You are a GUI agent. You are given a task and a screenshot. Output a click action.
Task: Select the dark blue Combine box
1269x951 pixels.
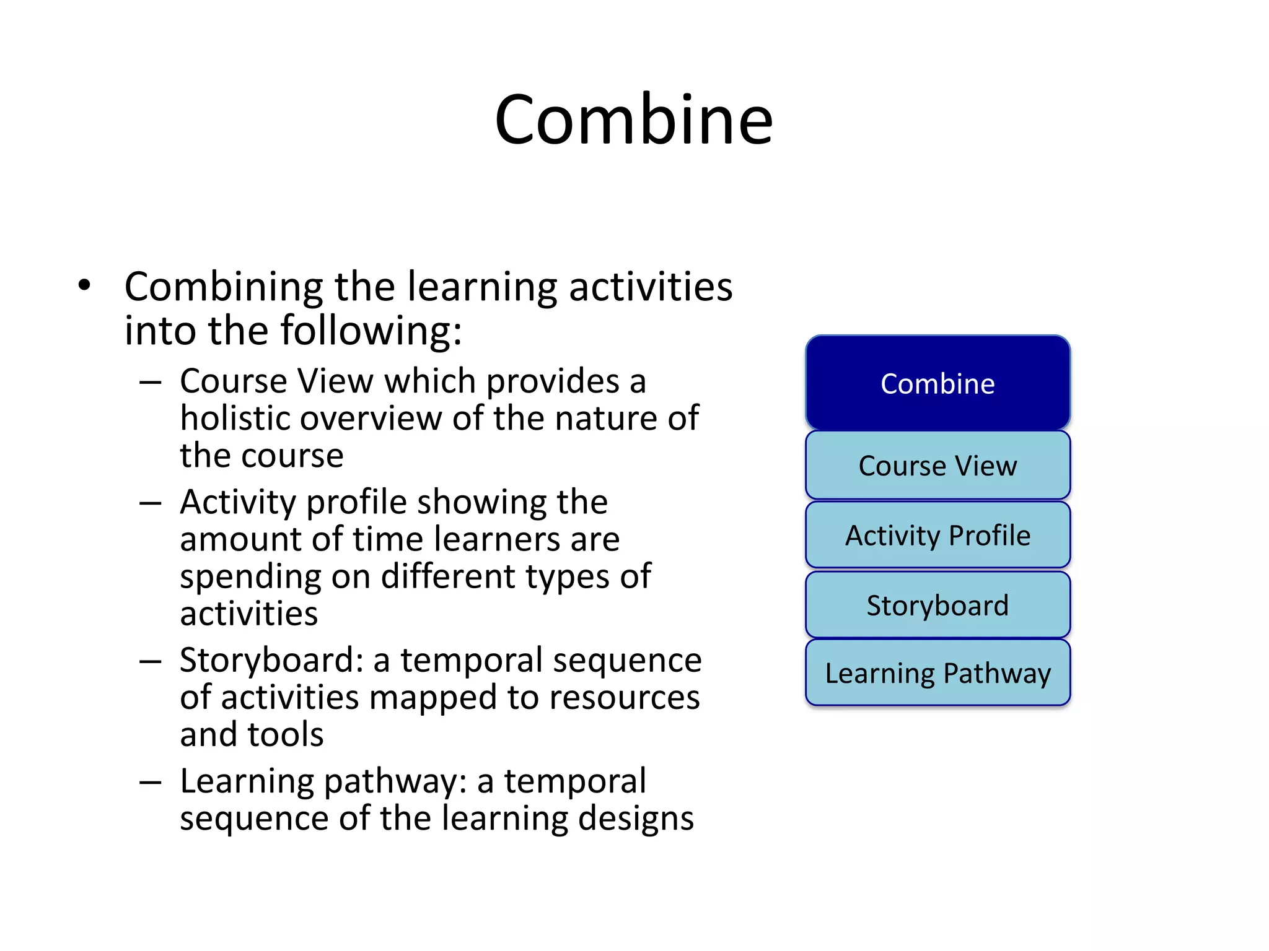pos(937,383)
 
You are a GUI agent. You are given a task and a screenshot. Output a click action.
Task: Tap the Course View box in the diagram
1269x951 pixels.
pos(937,466)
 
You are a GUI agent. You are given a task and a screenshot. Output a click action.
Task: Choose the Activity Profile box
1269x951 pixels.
pos(937,535)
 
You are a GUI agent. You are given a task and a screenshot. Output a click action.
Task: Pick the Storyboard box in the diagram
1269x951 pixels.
pos(937,605)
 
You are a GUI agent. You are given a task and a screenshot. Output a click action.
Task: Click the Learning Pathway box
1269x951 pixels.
pos(937,673)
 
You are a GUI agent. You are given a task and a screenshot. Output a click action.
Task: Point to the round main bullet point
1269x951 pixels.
pos(85,285)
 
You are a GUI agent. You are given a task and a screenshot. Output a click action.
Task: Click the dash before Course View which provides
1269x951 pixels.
pos(151,382)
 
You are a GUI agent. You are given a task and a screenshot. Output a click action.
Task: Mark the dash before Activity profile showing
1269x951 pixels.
pos(151,503)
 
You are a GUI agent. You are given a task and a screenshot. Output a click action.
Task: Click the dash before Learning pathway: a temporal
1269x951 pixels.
pos(151,782)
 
